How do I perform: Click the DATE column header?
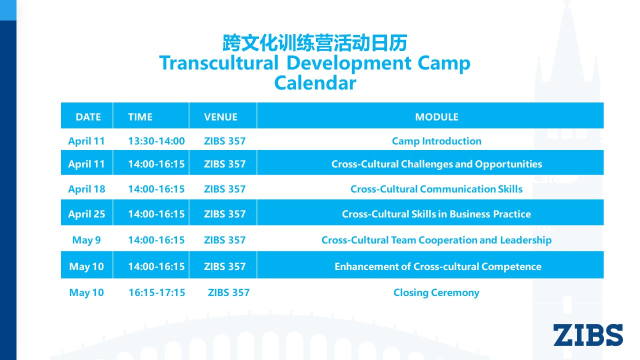(88, 117)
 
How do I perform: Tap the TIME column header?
(140, 117)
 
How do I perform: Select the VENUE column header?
(220, 117)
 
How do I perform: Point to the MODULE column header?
(436, 117)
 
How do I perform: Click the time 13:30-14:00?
(156, 141)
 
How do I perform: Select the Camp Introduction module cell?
(436, 141)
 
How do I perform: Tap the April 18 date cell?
(86, 189)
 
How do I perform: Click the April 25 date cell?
(86, 214)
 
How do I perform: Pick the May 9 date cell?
(86, 240)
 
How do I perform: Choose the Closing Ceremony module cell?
(436, 292)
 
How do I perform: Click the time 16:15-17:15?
(157, 292)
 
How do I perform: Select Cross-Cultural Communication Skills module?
(436, 189)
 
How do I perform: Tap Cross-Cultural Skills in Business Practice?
(436, 214)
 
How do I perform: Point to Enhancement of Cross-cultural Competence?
(438, 266)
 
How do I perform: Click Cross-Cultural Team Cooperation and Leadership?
(436, 240)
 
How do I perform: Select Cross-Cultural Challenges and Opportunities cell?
(436, 164)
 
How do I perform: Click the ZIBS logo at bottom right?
(588, 335)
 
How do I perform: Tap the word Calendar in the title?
(315, 83)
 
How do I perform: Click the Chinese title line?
(315, 43)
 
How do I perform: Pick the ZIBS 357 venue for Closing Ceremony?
(228, 292)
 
